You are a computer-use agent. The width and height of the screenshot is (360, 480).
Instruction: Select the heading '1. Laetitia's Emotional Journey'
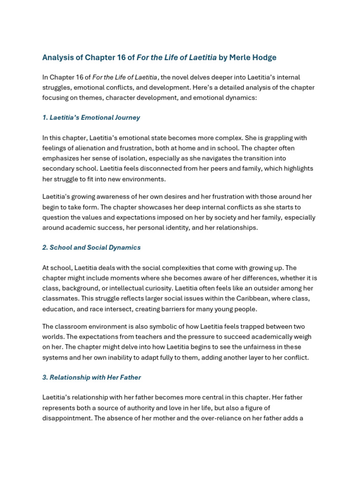[91, 118]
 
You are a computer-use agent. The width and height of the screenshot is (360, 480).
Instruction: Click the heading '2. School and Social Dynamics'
[91, 247]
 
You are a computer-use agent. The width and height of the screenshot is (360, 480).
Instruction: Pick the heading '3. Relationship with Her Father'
[91, 377]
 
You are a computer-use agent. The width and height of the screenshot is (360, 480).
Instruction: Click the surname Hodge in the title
[265, 58]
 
